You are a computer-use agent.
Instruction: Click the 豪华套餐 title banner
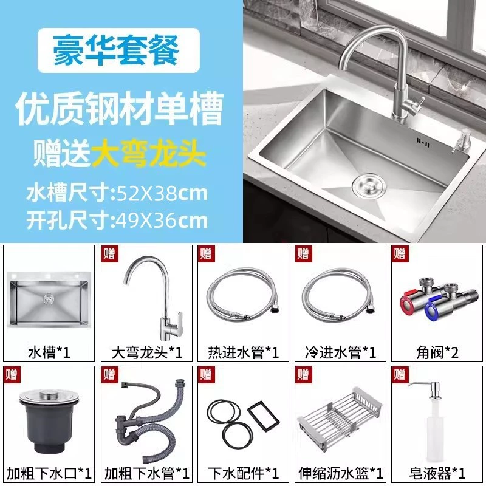[118, 50]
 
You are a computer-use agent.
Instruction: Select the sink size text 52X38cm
[162, 193]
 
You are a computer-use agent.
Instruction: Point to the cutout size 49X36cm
[162, 221]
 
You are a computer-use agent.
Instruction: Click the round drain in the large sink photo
[369, 186]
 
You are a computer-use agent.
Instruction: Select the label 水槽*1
[49, 352]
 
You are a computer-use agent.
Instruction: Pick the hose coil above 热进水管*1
[244, 295]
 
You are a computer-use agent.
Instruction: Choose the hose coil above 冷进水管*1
[340, 295]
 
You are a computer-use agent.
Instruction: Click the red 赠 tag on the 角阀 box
[400, 254]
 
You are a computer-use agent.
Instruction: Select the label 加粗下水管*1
[146, 473]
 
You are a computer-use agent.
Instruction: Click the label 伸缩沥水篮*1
[341, 473]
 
